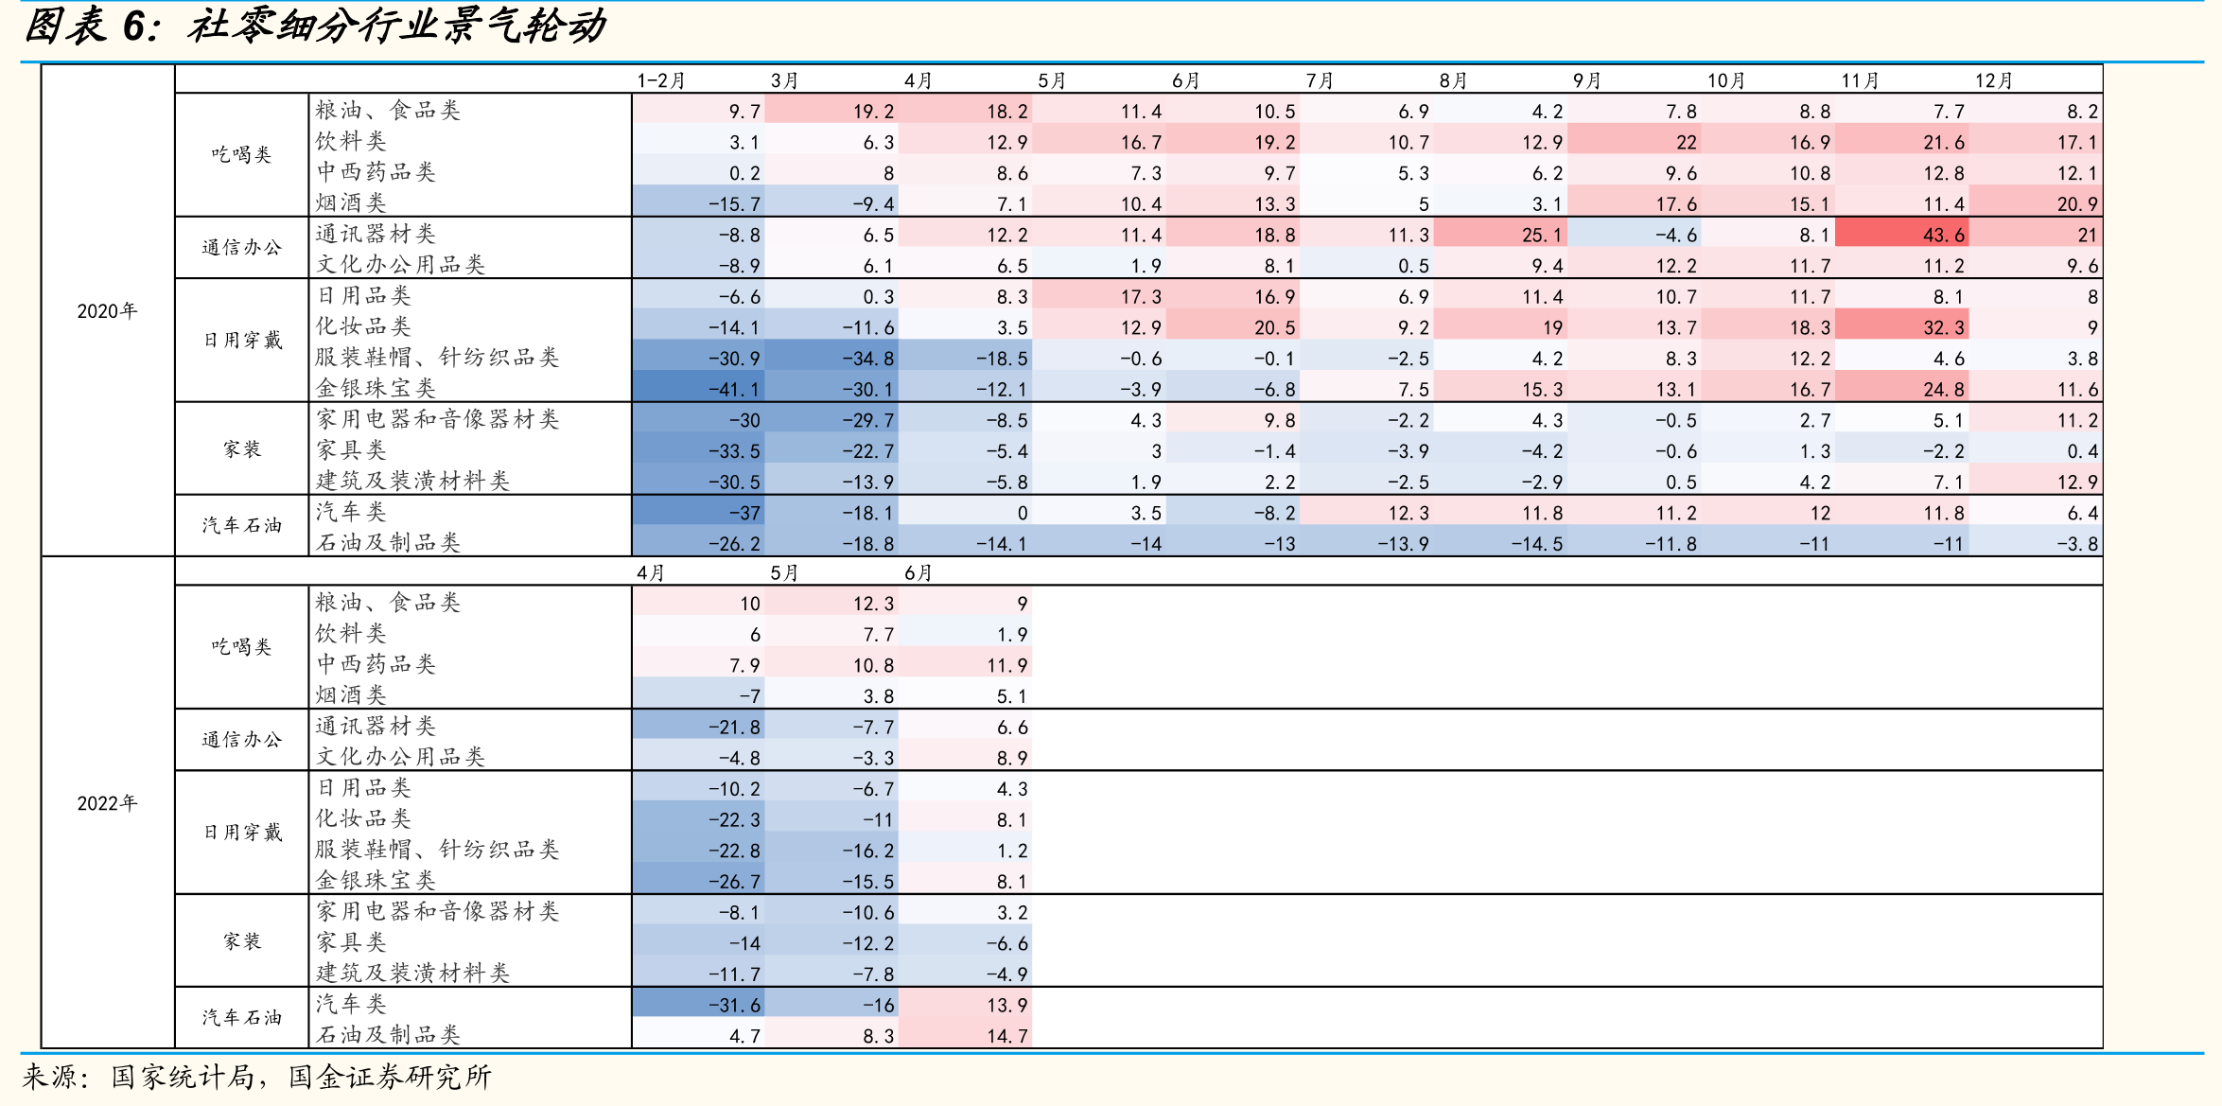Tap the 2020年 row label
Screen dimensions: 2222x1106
(x=107, y=311)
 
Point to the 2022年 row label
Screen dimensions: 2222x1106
(x=107, y=803)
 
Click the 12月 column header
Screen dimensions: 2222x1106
(x=1993, y=80)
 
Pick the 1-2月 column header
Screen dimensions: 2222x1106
(x=660, y=80)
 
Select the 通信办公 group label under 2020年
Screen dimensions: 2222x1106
(x=242, y=248)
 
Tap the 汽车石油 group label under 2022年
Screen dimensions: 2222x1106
(x=242, y=1018)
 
